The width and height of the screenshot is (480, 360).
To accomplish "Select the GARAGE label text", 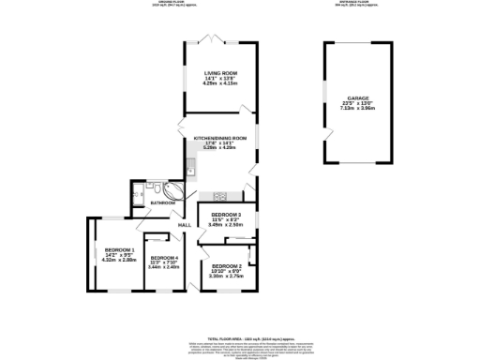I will (x=358, y=97).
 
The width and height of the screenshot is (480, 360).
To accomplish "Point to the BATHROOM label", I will (x=164, y=202).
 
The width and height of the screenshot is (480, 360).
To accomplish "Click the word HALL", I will (x=185, y=225).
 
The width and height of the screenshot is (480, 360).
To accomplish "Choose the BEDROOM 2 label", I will (x=227, y=266).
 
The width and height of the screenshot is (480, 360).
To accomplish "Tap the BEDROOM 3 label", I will (x=226, y=215).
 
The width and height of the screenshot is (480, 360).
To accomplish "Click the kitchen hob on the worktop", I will (x=220, y=195).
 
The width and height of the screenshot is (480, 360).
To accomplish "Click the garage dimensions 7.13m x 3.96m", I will (x=358, y=109).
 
